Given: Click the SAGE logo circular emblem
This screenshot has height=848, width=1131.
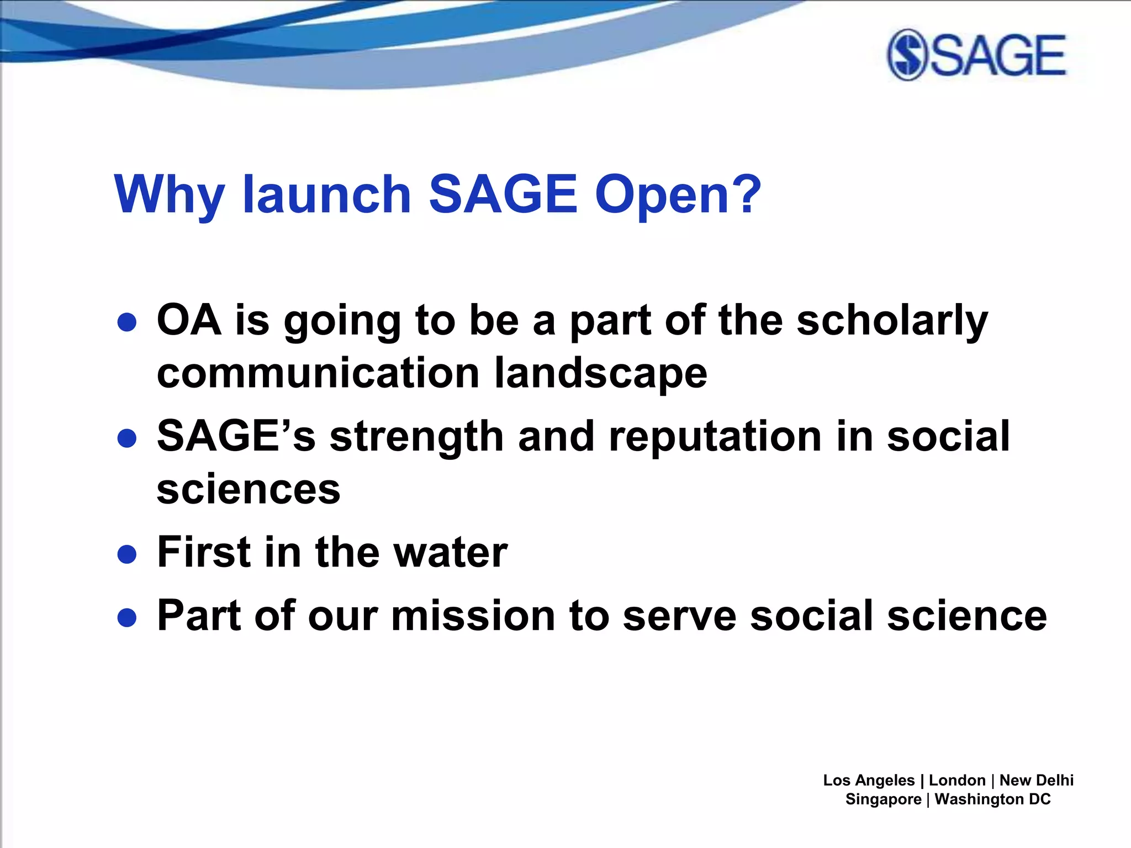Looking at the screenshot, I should point(907,55).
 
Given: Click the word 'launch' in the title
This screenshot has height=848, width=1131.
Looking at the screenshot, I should point(326,194).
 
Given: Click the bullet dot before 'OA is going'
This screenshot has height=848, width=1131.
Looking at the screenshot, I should point(127,322).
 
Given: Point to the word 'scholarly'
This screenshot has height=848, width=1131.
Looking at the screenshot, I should point(892,321).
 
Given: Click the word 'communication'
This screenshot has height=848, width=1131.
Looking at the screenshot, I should point(318,373).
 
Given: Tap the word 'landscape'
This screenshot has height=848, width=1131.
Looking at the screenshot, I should point(600,374).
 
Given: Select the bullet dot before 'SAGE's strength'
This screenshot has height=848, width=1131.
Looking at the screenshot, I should point(127,438).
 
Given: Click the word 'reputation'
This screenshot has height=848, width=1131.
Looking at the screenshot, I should point(715,437).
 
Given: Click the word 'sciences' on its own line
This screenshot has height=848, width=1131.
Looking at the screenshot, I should point(249,489).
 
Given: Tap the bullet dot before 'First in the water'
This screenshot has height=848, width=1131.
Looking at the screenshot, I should point(127,554).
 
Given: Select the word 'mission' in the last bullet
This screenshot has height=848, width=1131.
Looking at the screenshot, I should point(473,616).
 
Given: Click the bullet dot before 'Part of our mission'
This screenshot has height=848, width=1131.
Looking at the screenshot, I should point(127,618).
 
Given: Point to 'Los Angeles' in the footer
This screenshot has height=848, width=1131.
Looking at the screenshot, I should point(869,780).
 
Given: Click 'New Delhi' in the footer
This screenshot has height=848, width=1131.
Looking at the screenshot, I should point(1036,780).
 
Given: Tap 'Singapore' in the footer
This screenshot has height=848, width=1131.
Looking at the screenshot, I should point(883,799).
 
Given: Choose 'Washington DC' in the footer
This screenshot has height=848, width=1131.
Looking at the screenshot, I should point(992,799).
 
